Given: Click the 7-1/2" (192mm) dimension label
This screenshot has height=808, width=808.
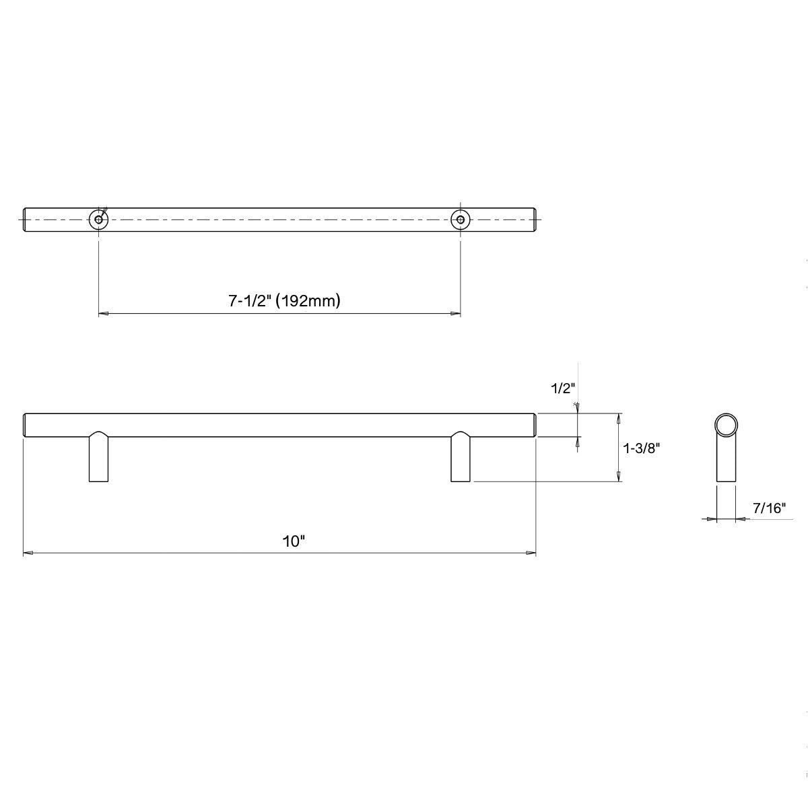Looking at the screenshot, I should click(283, 301).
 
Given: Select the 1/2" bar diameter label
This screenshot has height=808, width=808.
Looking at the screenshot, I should click(562, 388).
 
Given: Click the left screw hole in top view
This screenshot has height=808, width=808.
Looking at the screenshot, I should click(99, 220).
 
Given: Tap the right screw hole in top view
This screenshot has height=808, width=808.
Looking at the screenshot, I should click(460, 220).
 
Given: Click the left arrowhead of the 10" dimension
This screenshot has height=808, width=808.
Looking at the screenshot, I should click(28, 553).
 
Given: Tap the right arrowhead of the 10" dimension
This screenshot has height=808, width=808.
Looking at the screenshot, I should click(531, 553).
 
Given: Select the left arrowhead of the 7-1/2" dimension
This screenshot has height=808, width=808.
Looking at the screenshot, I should click(104, 314).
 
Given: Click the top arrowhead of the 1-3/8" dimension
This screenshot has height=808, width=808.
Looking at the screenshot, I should click(618, 417).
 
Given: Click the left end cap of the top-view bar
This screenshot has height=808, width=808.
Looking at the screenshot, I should click(26, 220).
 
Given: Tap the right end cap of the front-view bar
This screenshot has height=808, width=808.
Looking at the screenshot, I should click(534, 425).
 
